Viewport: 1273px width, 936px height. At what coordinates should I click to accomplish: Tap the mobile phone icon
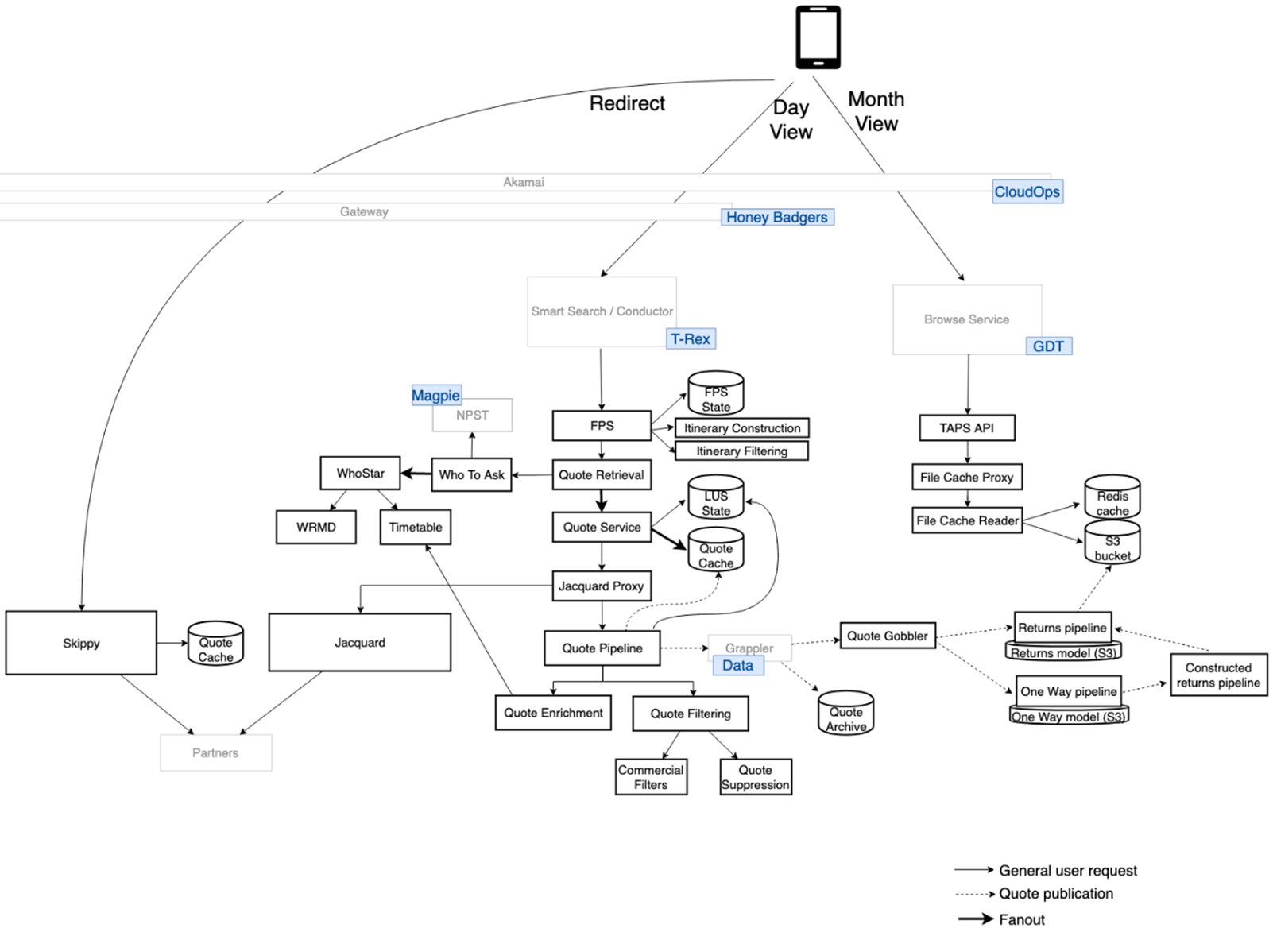coord(818,37)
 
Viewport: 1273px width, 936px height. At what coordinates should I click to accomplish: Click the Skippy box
coord(81,643)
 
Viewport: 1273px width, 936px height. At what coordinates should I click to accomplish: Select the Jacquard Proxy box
coord(602,586)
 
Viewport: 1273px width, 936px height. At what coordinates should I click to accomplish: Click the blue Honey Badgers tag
coord(776,217)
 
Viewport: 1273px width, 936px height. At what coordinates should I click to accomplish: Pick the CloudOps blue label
coord(1027,191)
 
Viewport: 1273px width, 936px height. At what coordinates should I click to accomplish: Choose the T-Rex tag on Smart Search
coord(690,339)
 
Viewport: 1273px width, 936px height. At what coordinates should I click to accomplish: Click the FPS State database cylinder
coord(715,394)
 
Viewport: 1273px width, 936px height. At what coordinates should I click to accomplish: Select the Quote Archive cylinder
coord(845,714)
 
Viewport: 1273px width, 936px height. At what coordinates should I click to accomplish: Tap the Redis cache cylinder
coord(1112,498)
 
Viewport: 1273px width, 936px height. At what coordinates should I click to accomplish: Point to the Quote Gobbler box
coord(887,636)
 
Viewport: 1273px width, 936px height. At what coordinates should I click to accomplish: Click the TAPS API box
coord(966,427)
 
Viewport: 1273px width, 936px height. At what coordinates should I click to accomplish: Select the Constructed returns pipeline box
coord(1218,675)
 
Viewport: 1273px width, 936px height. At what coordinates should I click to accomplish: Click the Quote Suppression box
coord(755,776)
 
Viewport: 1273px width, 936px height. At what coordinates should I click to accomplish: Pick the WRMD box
coord(315,527)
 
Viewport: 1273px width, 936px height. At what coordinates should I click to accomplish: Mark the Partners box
coord(215,752)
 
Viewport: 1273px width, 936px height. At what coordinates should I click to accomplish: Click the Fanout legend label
coord(1021,919)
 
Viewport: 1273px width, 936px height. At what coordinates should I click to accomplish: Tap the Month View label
coord(876,111)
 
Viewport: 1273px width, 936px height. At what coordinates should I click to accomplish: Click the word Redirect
coord(626,103)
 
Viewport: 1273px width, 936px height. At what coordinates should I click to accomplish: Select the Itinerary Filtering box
coord(741,451)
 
